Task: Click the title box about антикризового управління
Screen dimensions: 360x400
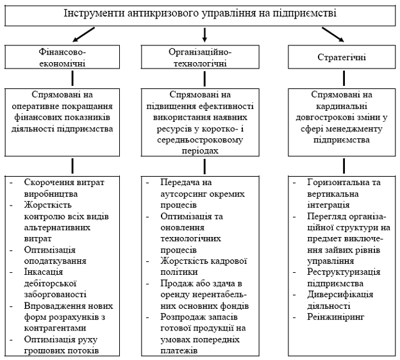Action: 200,13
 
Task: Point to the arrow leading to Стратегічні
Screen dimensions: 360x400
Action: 333,35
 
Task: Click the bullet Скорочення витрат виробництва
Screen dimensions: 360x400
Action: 64,188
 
